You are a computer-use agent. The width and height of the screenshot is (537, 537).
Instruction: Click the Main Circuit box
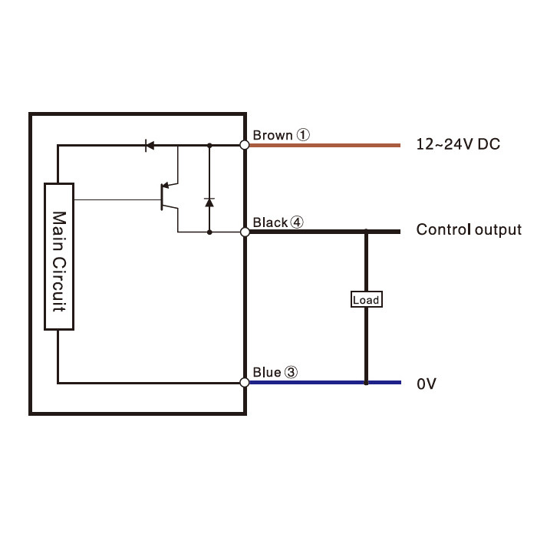click(x=59, y=256)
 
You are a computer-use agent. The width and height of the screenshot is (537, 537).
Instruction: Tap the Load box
click(x=367, y=299)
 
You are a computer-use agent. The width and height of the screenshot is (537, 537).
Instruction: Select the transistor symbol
click(x=170, y=197)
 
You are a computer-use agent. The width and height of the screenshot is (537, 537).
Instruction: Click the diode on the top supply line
click(x=150, y=145)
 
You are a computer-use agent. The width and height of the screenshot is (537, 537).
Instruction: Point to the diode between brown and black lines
click(x=209, y=203)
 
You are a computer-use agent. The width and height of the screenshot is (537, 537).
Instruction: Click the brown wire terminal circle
click(x=245, y=145)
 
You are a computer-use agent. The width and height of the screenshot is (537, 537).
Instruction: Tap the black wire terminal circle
click(x=245, y=232)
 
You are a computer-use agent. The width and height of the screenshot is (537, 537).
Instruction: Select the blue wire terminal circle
click(x=245, y=382)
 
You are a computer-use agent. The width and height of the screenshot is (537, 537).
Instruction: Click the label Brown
click(x=272, y=135)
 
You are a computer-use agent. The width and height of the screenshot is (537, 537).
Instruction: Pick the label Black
click(x=270, y=222)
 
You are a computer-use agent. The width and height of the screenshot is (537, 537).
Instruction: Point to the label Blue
click(x=267, y=372)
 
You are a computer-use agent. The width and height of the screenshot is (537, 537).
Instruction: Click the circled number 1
click(x=303, y=135)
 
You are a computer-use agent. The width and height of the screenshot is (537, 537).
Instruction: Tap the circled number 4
click(x=297, y=222)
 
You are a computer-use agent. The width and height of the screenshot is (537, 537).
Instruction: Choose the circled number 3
click(x=291, y=372)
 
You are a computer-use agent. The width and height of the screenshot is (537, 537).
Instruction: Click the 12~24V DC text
click(x=458, y=144)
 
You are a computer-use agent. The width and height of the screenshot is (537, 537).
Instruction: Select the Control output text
click(x=469, y=230)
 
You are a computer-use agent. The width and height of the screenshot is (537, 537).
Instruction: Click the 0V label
click(x=427, y=384)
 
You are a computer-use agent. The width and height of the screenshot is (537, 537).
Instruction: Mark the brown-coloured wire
click(x=325, y=146)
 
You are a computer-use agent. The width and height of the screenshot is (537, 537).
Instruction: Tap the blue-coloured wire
click(x=325, y=383)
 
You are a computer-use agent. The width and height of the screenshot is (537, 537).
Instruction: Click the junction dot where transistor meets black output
click(x=209, y=232)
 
